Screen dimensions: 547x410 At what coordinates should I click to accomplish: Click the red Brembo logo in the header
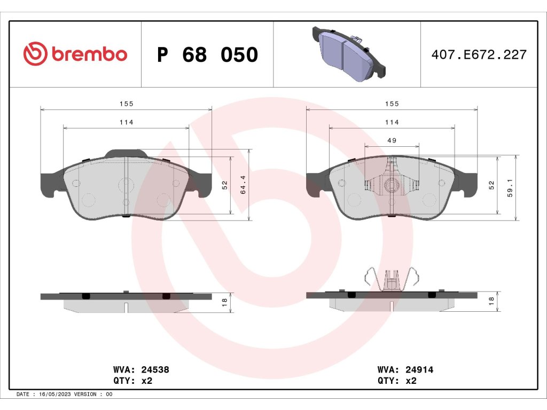click(75, 54)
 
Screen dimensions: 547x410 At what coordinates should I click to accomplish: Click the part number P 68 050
click(208, 55)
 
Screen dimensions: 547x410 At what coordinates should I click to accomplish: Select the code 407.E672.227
click(479, 55)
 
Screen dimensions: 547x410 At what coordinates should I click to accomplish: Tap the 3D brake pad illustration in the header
click(349, 54)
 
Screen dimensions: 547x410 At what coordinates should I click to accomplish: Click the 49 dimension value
click(392, 140)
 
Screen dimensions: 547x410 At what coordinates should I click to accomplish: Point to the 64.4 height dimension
click(243, 185)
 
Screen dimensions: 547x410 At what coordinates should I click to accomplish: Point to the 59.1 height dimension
click(510, 188)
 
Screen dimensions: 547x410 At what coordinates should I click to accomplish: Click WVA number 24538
click(155, 369)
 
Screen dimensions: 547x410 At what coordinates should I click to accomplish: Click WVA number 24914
click(419, 369)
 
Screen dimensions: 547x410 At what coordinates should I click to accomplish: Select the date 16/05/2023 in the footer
click(55, 395)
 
